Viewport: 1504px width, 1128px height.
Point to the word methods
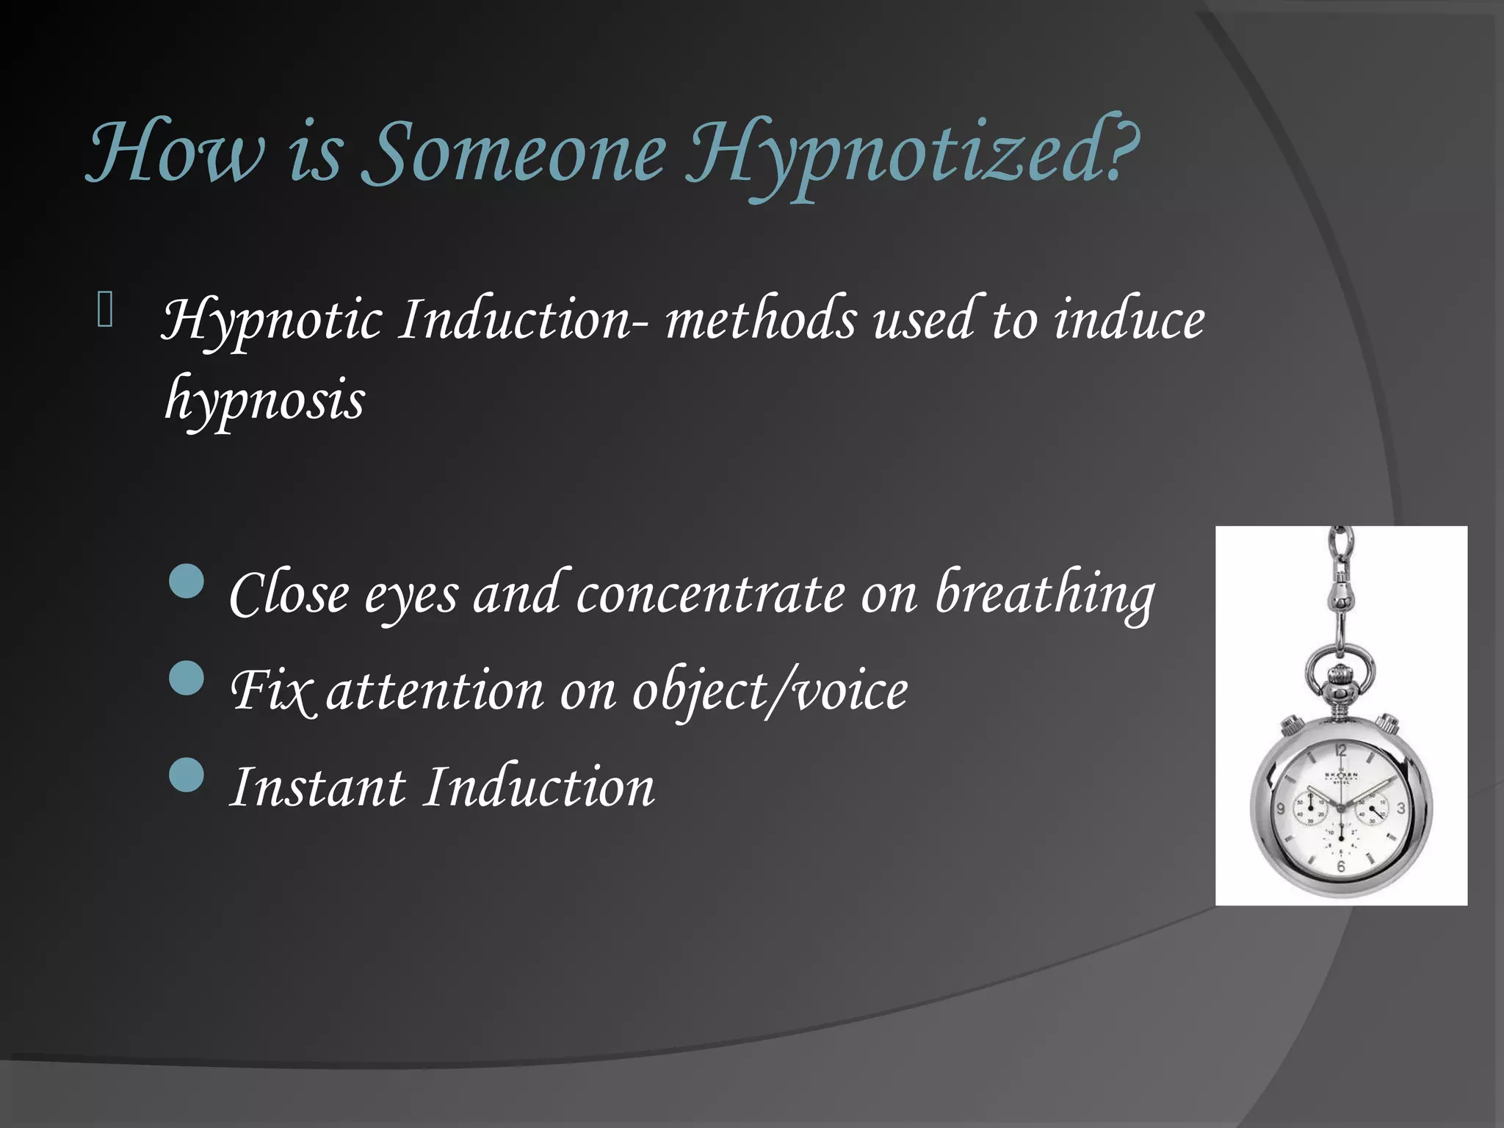point(760,320)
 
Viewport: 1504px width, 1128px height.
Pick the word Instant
point(317,787)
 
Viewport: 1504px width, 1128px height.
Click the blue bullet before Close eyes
point(186,581)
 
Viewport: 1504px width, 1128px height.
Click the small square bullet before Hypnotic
point(105,309)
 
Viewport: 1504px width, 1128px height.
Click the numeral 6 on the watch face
point(1341,867)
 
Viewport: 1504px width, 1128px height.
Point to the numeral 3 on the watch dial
point(1400,809)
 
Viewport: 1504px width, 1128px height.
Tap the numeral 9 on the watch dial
point(1281,809)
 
